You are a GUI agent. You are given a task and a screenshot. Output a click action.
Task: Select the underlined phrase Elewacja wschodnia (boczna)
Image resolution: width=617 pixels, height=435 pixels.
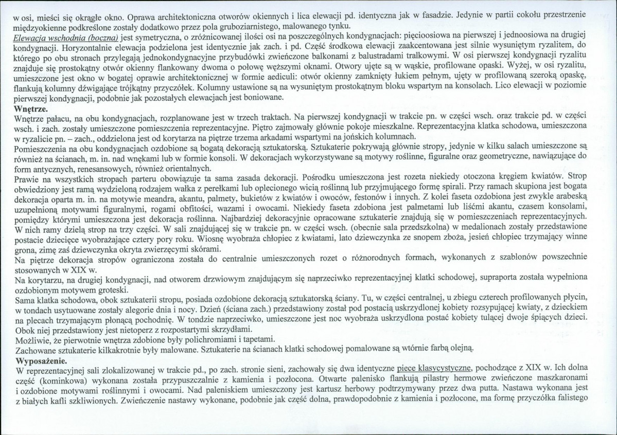pos(66,38)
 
